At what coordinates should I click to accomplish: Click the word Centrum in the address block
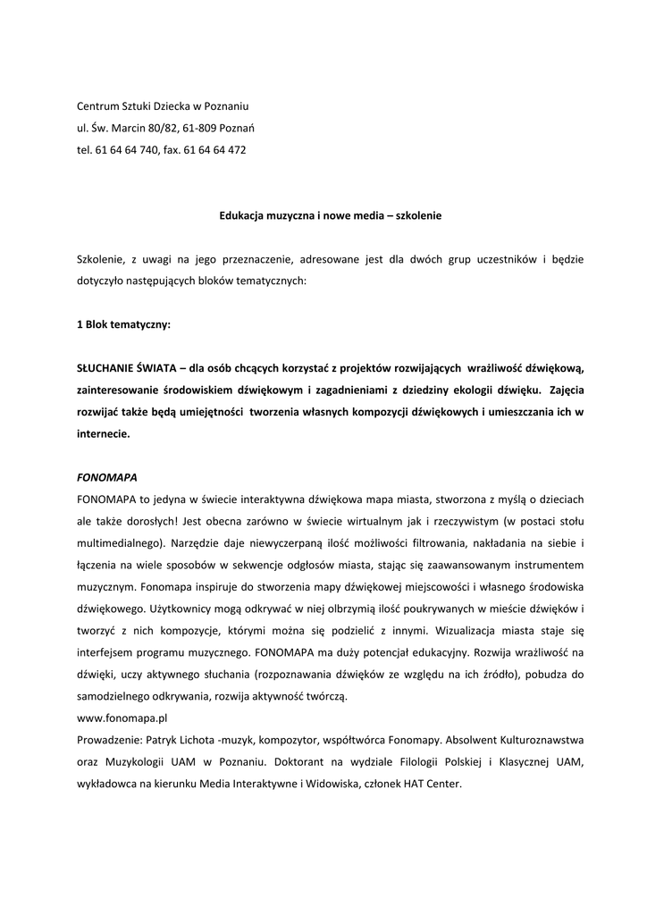click(98, 106)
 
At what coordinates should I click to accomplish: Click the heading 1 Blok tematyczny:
click(122, 325)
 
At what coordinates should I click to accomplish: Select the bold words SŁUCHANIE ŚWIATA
click(124, 368)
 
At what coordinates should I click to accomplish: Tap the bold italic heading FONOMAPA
click(106, 476)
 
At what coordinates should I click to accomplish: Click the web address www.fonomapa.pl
click(122, 717)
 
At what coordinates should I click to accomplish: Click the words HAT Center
click(434, 784)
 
